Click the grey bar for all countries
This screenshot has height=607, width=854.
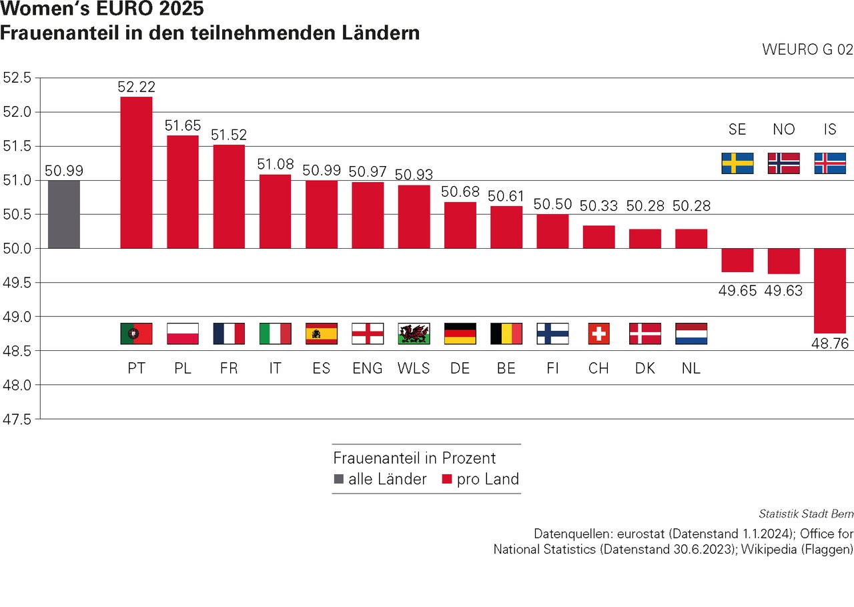pos(64,214)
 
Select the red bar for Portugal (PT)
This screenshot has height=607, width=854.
pos(136,173)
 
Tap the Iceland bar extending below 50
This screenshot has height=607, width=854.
pos(830,290)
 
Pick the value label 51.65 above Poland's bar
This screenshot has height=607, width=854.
pos(183,125)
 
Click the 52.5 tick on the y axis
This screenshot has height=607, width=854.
pos(17,78)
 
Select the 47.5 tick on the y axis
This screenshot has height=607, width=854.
pos(17,419)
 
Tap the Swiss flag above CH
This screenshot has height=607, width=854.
pos(598,334)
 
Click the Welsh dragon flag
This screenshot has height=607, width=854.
pos(414,334)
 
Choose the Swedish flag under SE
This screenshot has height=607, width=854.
pos(737,163)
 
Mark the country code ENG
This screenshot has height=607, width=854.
pos(368,368)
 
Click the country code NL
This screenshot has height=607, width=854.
pos(691,368)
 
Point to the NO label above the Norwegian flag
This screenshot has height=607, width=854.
pos(783,129)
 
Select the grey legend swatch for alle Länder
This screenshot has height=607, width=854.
pos(338,479)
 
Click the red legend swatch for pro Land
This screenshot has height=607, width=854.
pos(447,479)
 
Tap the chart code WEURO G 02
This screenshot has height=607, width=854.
pos(807,50)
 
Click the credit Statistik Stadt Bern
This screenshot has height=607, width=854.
pos(806,514)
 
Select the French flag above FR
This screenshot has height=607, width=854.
pos(229,334)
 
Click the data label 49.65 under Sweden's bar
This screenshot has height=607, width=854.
pos(737,290)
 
